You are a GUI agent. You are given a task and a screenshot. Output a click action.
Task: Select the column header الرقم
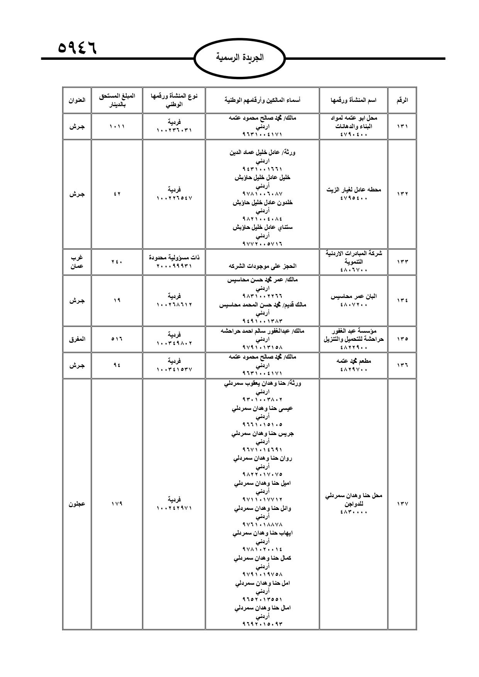(402, 100)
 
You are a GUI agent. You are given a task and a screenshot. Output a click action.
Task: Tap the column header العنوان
(77, 100)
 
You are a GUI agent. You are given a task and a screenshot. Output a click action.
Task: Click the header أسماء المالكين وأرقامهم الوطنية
(262, 100)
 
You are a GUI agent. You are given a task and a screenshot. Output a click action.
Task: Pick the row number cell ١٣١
(402, 126)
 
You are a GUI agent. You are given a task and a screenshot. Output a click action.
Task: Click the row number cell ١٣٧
(402, 504)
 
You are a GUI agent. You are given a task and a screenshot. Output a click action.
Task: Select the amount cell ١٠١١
(117, 126)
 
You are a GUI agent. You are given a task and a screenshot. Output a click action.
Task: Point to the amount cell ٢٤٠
(117, 262)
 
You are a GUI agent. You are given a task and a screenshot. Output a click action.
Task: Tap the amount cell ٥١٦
(117, 339)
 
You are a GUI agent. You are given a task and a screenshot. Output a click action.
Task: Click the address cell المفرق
(77, 339)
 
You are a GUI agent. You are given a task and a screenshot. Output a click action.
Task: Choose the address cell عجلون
(77, 504)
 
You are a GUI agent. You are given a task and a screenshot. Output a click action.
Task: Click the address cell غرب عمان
(77, 262)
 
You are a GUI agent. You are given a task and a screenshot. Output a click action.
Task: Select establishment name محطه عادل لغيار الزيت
(354, 190)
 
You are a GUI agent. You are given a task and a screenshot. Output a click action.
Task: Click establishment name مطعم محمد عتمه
(354, 361)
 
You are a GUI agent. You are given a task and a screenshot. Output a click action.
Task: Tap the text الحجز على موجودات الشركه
(262, 266)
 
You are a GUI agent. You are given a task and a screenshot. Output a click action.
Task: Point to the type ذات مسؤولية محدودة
(174, 257)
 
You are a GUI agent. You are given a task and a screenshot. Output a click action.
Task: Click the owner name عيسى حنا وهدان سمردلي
(262, 408)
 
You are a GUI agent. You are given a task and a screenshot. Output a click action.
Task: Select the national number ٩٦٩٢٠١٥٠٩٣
(262, 624)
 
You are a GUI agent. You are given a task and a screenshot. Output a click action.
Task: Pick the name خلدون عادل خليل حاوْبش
(262, 202)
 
